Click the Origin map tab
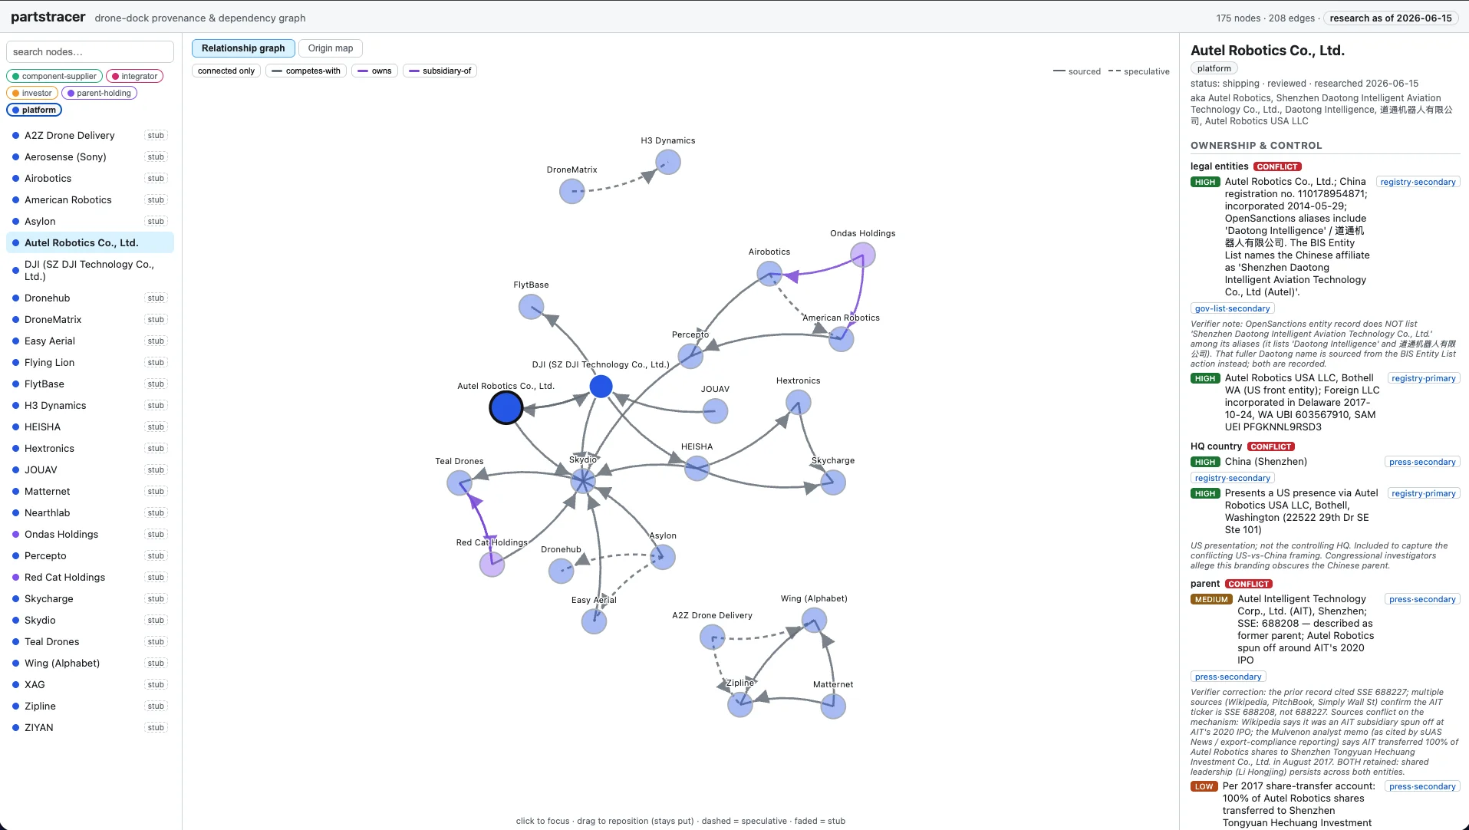point(331,48)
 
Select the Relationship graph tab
point(243,48)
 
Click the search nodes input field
point(90,52)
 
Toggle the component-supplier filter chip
point(54,76)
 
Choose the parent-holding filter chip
point(99,93)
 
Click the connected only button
point(226,71)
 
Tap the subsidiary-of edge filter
point(440,71)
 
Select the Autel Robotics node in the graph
point(506,407)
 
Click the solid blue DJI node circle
point(601,387)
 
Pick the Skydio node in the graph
point(583,482)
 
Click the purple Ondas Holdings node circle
point(863,255)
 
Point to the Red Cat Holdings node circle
point(492,565)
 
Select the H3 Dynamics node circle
point(668,162)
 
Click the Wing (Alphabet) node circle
point(814,620)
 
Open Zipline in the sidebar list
point(40,706)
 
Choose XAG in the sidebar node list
point(35,684)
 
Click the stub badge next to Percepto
point(156,555)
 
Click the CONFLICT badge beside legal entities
point(1277,166)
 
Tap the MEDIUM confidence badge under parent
point(1211,599)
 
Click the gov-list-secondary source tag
point(1232,308)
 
